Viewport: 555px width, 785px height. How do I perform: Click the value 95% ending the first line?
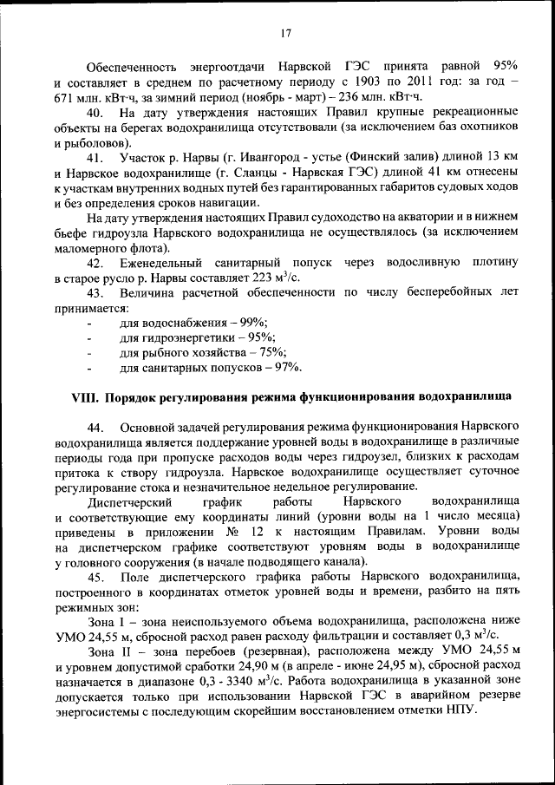pos(505,66)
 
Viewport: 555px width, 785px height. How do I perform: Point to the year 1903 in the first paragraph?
pos(345,82)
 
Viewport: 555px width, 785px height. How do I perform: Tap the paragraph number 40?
pos(96,113)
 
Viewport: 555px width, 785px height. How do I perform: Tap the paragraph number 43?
pos(96,295)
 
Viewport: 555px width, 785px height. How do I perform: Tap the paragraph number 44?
pos(96,428)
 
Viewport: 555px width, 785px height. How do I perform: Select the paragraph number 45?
pos(96,578)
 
